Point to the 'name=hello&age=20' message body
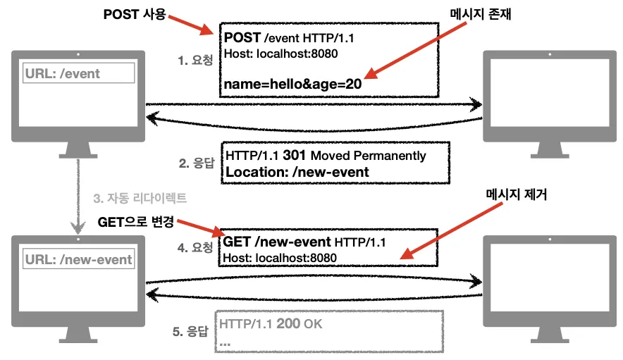coord(293,84)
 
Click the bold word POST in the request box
coord(242,38)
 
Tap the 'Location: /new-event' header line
coord(297,172)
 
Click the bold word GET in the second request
coord(238,242)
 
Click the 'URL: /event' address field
coord(79,73)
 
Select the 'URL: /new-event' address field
coord(79,259)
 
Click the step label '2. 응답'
coord(197,163)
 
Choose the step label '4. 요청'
coord(197,249)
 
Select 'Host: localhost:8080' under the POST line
coord(273,54)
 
